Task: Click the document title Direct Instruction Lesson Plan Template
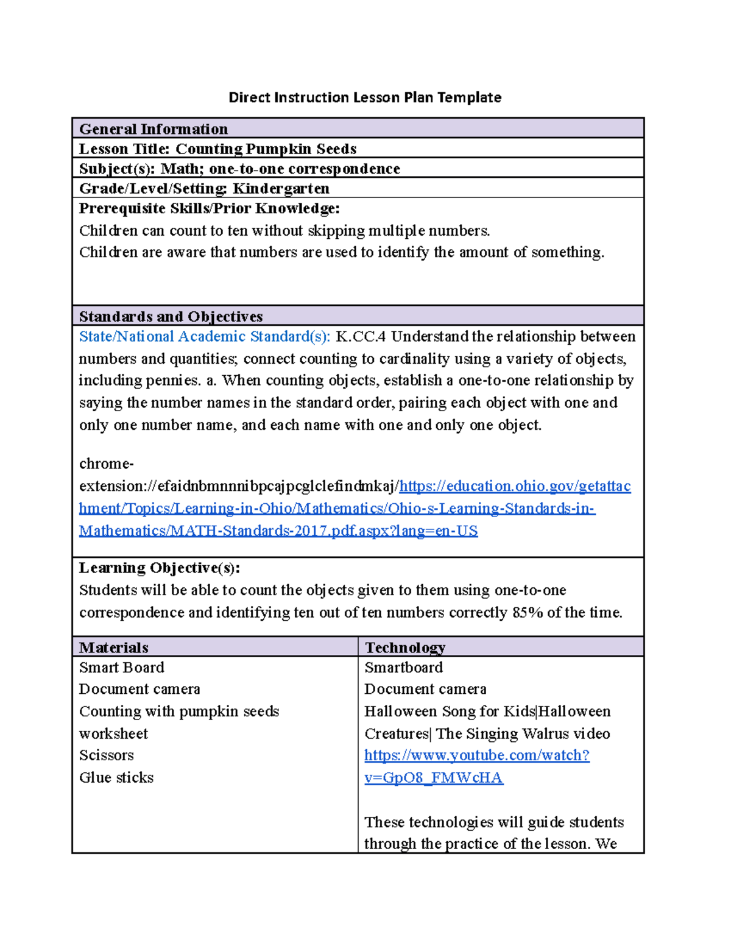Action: pyautogui.click(x=364, y=97)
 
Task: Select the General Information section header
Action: pyautogui.click(x=154, y=129)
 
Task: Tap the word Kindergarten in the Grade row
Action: pyautogui.click(x=281, y=189)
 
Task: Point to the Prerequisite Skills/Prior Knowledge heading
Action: pyautogui.click(x=209, y=209)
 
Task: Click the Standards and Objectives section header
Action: pyautogui.click(x=171, y=317)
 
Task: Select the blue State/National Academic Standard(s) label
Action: pyautogui.click(x=204, y=337)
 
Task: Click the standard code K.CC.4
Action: pyautogui.click(x=361, y=337)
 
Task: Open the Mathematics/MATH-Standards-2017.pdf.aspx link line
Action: pyautogui.click(x=278, y=531)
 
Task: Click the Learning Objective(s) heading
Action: pyautogui.click(x=159, y=568)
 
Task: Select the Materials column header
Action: pyautogui.click(x=114, y=648)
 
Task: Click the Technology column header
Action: pyautogui.click(x=404, y=648)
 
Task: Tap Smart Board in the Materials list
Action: pyautogui.click(x=121, y=668)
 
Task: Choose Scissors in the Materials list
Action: pyautogui.click(x=106, y=755)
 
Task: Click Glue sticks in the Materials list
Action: pyautogui.click(x=116, y=778)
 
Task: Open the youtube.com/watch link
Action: pyautogui.click(x=476, y=755)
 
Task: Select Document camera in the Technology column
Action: pyautogui.click(x=425, y=690)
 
